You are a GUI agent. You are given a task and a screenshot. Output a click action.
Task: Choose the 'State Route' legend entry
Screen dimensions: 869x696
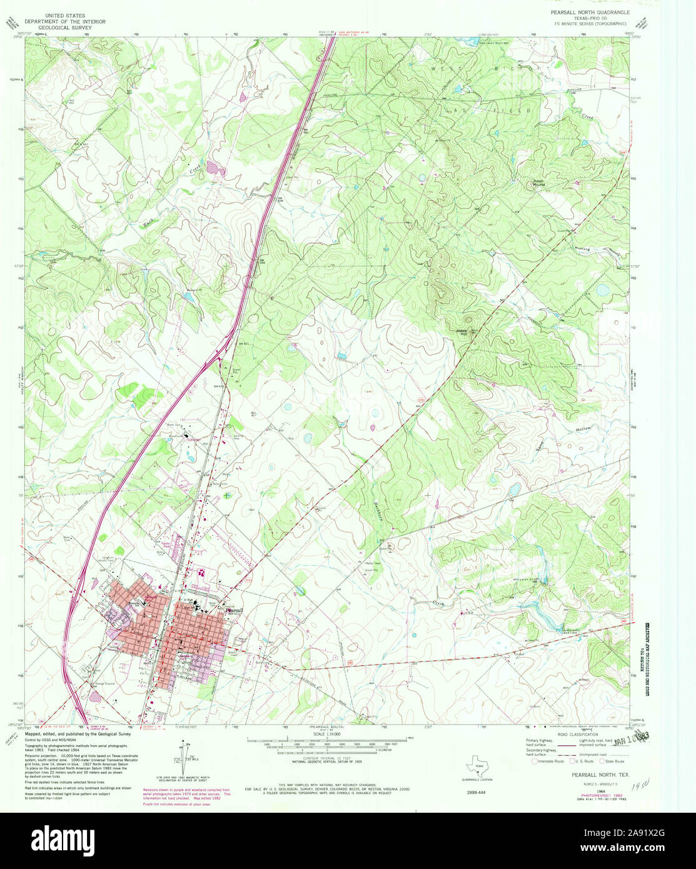[x=615, y=761]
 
